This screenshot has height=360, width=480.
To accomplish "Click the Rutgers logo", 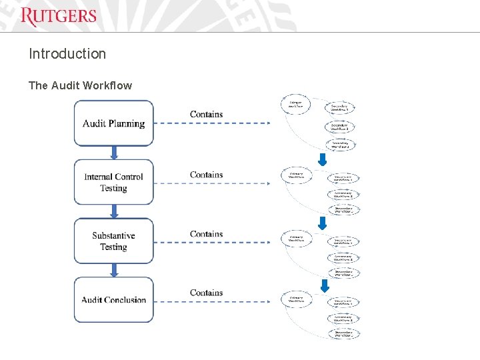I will (59, 16).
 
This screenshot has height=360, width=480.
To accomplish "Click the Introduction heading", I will (67, 54).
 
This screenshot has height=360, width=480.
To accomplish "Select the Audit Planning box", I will (113, 123).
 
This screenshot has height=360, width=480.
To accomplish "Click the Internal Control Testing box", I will (113, 182).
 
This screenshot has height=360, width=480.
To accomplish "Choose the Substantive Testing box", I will (113, 241).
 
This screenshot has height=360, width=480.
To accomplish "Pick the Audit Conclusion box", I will (113, 299).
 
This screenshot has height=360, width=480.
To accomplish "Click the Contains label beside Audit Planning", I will (206, 114).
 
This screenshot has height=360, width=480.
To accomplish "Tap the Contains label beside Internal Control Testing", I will (206, 175).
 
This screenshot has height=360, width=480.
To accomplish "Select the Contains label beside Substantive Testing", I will (206, 234).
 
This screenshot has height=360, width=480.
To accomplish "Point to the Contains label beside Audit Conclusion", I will (206, 293).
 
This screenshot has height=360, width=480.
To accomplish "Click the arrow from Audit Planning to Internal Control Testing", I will (114, 153).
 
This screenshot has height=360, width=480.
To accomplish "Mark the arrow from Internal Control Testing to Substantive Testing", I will (114, 211).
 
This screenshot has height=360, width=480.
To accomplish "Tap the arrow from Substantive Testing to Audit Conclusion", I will (114, 270).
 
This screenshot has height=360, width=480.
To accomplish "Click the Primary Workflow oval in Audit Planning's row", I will (295, 104).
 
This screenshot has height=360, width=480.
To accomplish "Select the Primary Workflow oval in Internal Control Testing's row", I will (296, 175).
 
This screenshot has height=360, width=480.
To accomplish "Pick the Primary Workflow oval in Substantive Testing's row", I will (296, 238).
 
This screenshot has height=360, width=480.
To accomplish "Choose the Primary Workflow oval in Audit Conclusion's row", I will (296, 300).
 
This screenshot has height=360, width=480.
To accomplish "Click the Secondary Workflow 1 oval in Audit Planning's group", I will (340, 107).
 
